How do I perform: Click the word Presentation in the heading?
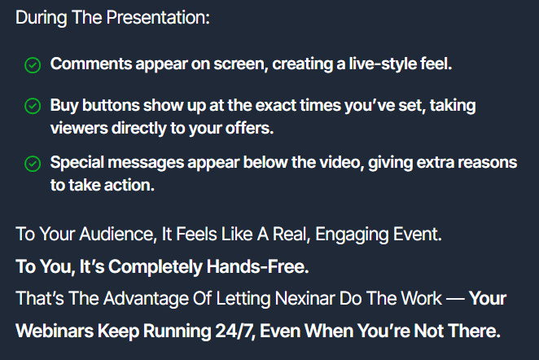(158, 17)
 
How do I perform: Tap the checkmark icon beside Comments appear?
(33, 65)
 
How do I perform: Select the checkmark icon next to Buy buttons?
(33, 106)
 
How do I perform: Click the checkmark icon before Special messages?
(33, 164)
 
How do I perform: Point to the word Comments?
(91, 64)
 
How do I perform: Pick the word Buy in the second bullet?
(64, 106)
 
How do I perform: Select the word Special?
(77, 163)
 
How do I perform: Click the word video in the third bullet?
(342, 162)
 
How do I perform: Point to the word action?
(129, 186)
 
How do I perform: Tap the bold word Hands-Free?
(258, 267)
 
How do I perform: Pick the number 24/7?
(235, 331)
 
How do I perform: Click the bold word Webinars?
(55, 331)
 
